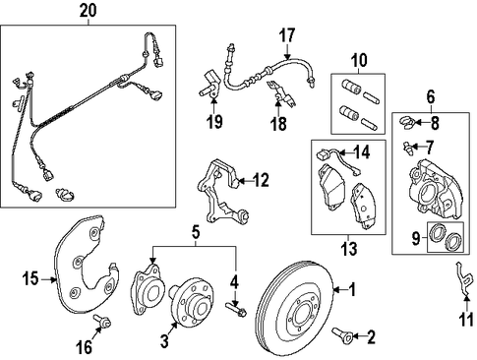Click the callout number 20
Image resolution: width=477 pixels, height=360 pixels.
coord(89,10)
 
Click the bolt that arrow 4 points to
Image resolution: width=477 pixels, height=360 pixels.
coord(236,310)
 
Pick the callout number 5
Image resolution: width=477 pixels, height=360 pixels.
coord(196,232)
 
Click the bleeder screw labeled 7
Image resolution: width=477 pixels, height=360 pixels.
coord(407,148)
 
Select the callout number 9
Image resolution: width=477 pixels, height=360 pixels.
coord(416,238)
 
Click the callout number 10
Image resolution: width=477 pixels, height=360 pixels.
coord(359,60)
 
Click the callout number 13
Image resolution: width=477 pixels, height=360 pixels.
coord(348,249)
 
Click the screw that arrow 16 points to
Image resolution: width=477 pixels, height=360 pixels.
coord(101,322)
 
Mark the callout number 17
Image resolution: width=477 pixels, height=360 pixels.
coord(287,35)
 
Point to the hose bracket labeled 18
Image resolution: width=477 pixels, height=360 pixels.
coord(281,93)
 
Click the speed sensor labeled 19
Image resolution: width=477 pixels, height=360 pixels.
coord(209,86)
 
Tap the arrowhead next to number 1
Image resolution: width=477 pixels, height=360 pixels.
coord(336,290)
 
